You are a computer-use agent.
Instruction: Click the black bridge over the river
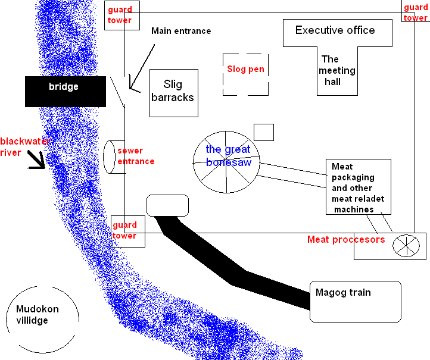tap(65, 91)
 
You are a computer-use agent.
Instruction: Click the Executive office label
tap(335, 30)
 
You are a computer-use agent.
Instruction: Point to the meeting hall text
tap(337, 70)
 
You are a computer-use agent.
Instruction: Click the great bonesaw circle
tap(226, 161)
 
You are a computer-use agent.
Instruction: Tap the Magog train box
tap(356, 301)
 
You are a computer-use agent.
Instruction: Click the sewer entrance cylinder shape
tap(110, 157)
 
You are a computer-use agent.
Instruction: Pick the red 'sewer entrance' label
tap(136, 156)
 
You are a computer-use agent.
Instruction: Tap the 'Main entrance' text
tap(181, 31)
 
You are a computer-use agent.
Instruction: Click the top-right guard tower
tap(416, 12)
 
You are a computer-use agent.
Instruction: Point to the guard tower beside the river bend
tap(127, 231)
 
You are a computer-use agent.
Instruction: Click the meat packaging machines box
tap(359, 187)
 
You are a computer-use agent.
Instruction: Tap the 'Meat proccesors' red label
tap(346, 239)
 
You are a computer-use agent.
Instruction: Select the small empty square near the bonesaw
tap(263, 132)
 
